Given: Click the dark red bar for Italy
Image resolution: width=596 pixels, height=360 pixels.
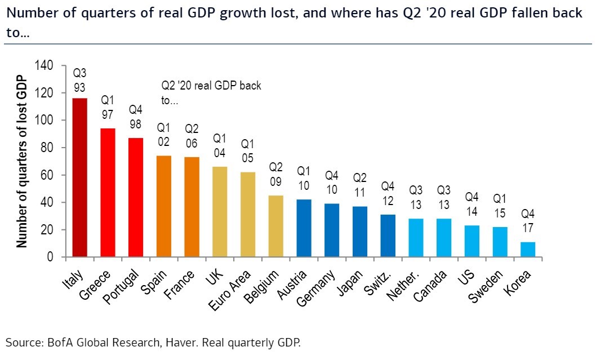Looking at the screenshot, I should point(80,178).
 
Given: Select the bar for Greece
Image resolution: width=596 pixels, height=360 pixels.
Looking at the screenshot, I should point(108,193).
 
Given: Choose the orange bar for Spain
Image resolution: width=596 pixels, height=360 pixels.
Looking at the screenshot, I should point(163,206).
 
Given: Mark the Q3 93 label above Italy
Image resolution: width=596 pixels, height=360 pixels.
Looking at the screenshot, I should point(79,80).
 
